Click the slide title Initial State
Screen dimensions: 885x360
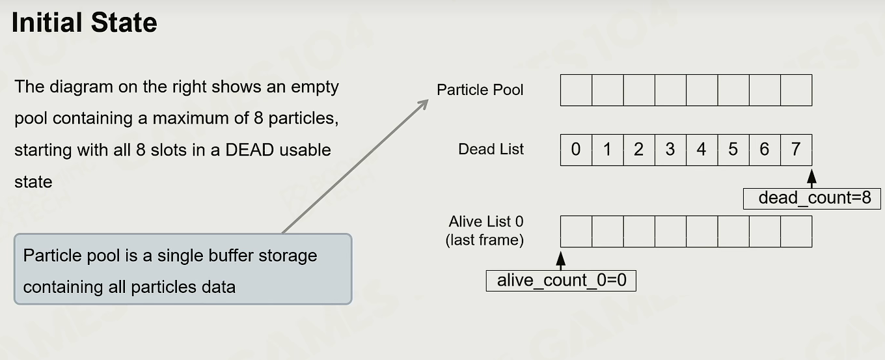85,23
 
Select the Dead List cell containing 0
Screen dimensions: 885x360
576,150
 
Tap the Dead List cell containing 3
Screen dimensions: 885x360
670,150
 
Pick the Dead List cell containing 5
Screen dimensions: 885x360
733,150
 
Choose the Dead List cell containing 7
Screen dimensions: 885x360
796,150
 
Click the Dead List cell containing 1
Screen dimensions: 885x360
608,150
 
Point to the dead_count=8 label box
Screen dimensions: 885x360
812,199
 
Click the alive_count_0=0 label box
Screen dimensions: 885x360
561,281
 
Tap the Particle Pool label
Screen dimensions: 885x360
480,90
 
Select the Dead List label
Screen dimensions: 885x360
491,149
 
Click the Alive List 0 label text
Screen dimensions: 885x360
486,222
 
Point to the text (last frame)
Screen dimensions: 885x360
485,240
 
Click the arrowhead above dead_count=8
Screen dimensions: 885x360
811,176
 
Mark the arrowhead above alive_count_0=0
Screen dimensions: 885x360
561,258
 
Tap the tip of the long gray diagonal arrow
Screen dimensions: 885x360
428,100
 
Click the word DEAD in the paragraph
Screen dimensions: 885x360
250,150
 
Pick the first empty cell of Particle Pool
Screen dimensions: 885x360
576,90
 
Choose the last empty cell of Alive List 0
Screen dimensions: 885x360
796,232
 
